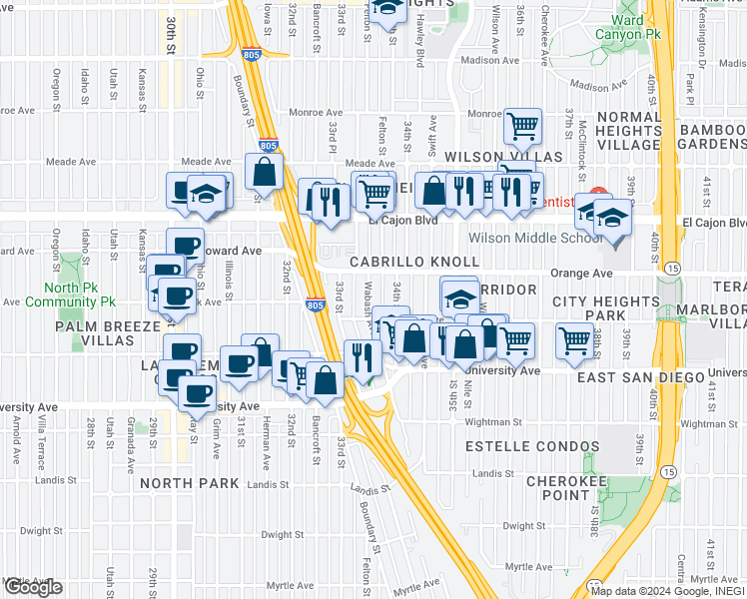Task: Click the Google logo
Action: [32, 587]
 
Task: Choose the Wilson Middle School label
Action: [525, 239]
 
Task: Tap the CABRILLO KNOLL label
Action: [413, 261]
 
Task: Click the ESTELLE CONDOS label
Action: [535, 447]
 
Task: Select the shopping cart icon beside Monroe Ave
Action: [523, 126]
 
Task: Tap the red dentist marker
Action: [597, 193]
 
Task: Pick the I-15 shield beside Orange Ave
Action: [671, 269]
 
